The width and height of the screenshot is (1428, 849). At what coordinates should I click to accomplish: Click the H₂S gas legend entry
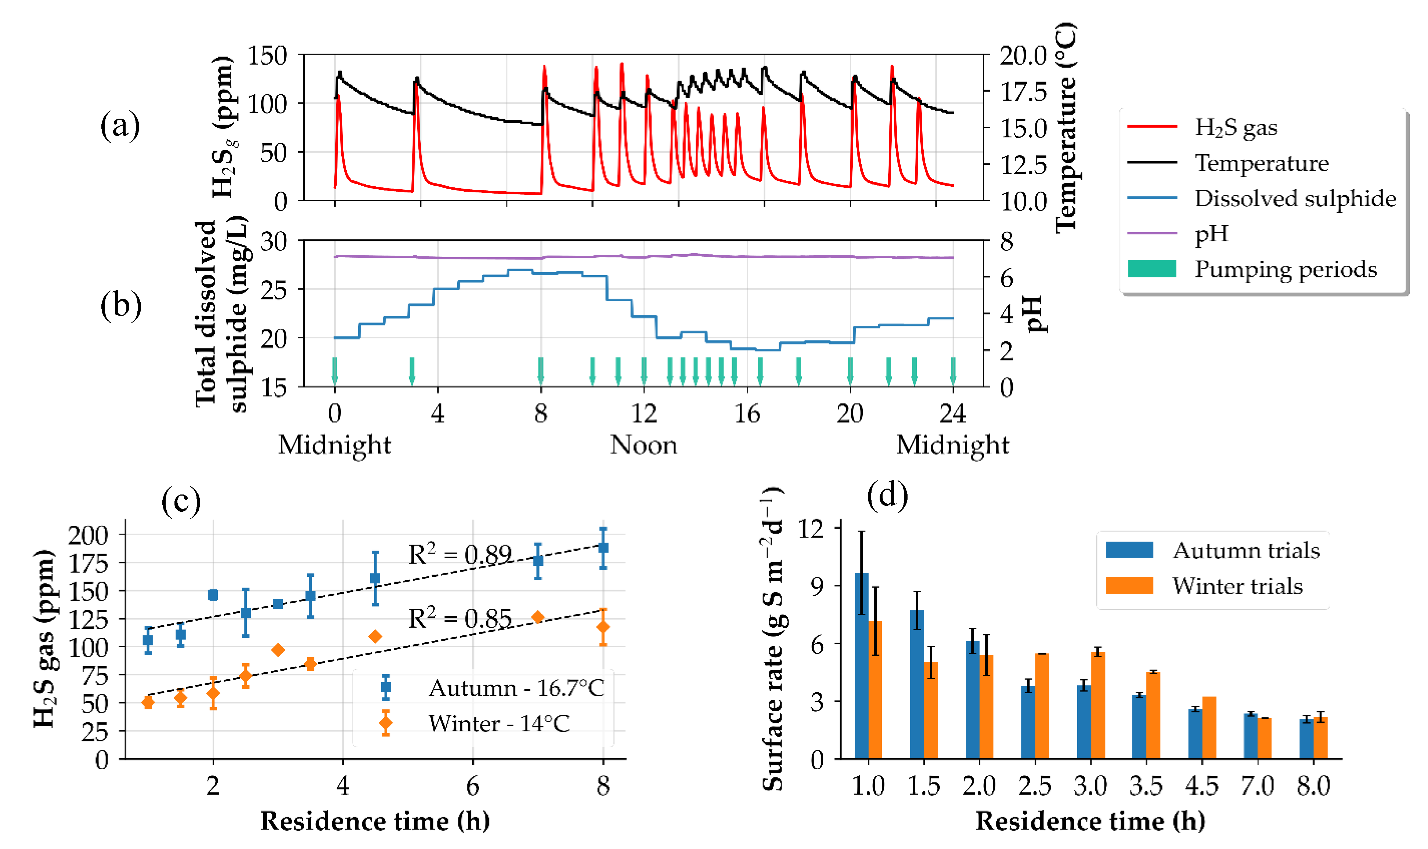point(1235,127)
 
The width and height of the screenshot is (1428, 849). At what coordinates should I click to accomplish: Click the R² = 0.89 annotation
point(460,554)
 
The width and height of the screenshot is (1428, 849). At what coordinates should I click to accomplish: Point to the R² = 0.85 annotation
point(460,618)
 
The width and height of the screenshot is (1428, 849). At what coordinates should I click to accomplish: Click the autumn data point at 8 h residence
point(603,547)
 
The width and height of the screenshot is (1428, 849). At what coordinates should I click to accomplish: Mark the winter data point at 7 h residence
point(538,617)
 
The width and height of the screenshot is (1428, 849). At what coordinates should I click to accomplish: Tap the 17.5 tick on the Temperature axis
point(1023,91)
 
